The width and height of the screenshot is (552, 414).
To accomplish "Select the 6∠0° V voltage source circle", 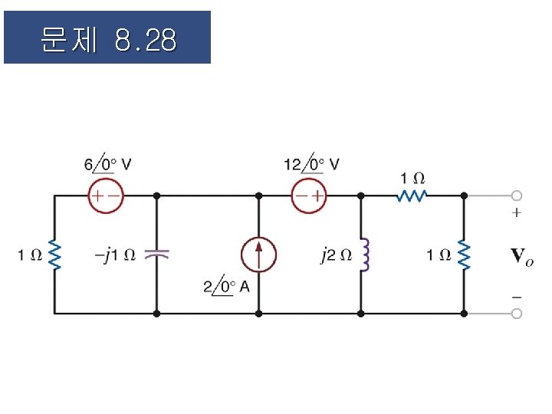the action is tap(105, 195).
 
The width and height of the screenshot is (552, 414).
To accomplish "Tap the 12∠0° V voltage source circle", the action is tap(309, 195).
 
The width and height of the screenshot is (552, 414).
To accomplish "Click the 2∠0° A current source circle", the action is tap(258, 255).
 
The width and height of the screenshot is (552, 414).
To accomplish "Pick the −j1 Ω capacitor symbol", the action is tap(156, 255).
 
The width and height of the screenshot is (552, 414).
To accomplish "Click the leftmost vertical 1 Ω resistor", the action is tap(54, 255).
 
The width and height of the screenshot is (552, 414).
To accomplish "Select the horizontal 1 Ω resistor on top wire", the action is tap(412, 195).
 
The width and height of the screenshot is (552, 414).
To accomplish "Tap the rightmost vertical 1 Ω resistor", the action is tap(464, 255).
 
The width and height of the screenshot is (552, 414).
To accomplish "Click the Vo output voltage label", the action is tap(521, 256).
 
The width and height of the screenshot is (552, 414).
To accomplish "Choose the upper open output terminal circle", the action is tap(517, 195).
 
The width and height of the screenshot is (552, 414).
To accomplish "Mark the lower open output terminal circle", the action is tap(517, 314).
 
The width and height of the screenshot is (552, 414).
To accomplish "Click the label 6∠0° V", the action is tap(107, 164).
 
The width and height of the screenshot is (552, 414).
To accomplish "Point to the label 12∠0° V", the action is tap(311, 164).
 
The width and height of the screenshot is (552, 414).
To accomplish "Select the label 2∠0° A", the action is tap(226, 287).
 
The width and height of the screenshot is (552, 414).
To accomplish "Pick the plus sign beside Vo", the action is tap(517, 213).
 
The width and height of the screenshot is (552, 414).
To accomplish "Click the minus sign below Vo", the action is tap(517, 296).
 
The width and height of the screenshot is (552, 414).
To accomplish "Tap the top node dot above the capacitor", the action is tap(156, 195).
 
